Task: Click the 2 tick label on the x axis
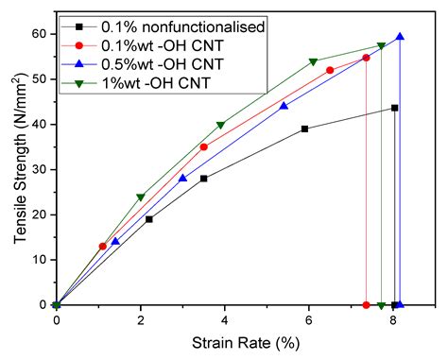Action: click(141, 320)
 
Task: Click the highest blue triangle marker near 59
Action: click(400, 37)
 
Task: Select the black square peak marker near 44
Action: click(394, 108)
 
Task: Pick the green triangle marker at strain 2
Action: click(141, 197)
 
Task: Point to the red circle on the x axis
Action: click(366, 305)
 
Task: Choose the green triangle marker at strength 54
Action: click(313, 61)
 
